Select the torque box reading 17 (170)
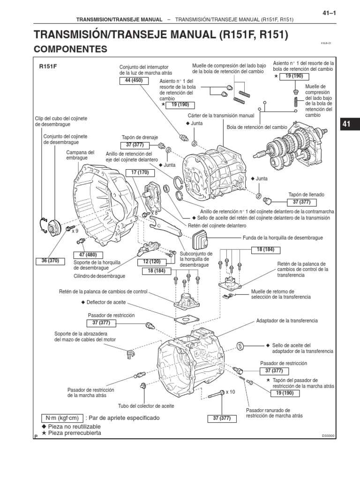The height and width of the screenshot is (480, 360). click(140, 172)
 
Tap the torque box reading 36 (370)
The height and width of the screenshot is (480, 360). click(50, 261)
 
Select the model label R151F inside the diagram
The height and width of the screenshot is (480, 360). click(48, 67)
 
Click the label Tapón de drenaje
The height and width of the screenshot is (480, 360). click(135, 137)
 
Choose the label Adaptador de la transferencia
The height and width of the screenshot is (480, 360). click(287, 321)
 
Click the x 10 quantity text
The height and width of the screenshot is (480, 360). click(230, 392)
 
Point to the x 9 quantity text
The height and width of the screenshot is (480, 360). click(75, 231)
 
